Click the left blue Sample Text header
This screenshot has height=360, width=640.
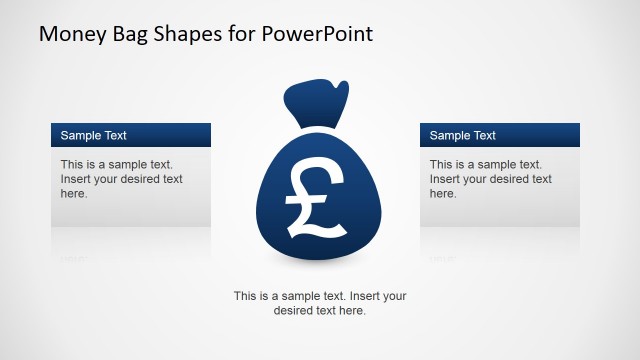pos(131,135)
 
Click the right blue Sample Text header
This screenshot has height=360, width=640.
pos(500,135)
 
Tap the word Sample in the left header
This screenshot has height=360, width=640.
pos(80,135)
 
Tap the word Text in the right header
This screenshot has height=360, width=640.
pos(483,135)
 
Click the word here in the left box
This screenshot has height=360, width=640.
pos(73,193)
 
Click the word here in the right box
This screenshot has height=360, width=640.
pos(442,193)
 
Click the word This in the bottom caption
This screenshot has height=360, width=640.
pos(246,296)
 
